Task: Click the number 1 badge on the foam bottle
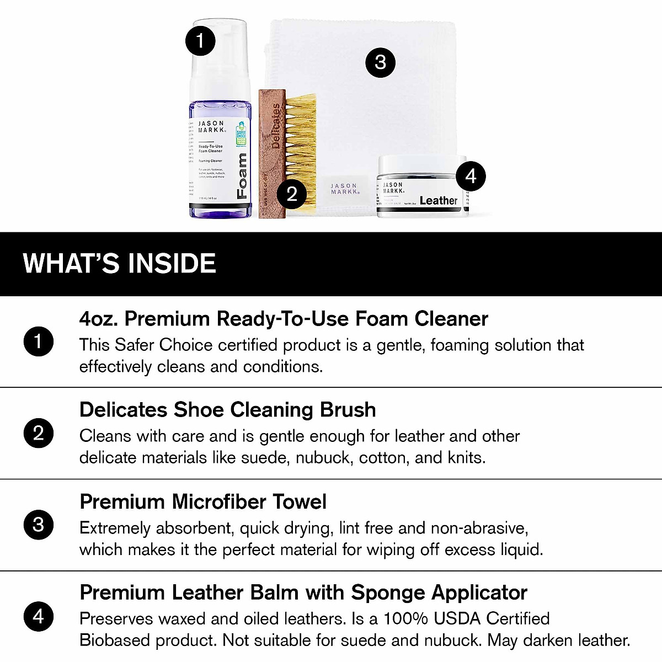coord(200,40)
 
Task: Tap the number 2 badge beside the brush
coord(292,194)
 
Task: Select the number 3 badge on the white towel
coord(380,62)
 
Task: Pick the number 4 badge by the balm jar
coord(471,176)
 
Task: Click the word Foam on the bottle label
coord(242,176)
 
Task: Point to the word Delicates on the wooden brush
coord(276,126)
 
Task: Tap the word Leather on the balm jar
coord(439,201)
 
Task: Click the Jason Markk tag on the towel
coord(345,189)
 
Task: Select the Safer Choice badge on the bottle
coord(241,134)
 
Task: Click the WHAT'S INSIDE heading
coord(119,264)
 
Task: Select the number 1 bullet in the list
coord(38,341)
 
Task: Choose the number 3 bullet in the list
coord(38,525)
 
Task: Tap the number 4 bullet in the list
coord(38,616)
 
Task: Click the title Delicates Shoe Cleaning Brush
coord(227,410)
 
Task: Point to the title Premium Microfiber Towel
coord(203,501)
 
